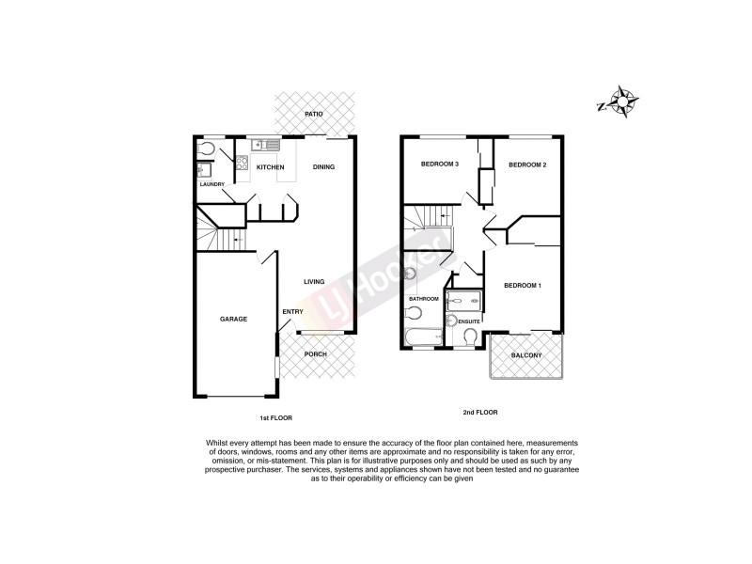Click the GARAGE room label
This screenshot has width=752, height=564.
coord(233,320)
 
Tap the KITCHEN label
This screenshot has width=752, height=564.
coord(270,168)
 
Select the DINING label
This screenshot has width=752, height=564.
coord(323,168)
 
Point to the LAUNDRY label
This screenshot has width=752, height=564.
coord(211,184)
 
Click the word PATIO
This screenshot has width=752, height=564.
coord(313,115)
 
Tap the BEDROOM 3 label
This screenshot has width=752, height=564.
coord(439,165)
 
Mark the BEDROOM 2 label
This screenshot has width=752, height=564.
coord(527,165)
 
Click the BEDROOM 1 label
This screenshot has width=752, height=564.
coord(523,286)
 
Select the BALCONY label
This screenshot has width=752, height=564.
coord(526,355)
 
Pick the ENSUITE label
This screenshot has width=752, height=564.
coord(469,322)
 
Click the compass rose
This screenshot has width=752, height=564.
coord(622,101)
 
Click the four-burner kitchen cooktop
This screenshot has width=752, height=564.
coord(241,164)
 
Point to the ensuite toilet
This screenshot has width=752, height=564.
coord(470,337)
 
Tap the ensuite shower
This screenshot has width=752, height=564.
coord(463,301)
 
